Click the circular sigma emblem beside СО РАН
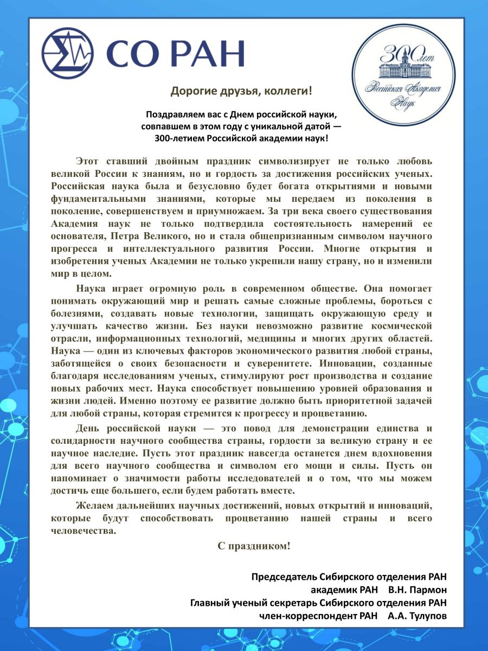(x=67, y=52)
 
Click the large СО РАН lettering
(x=175, y=53)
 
